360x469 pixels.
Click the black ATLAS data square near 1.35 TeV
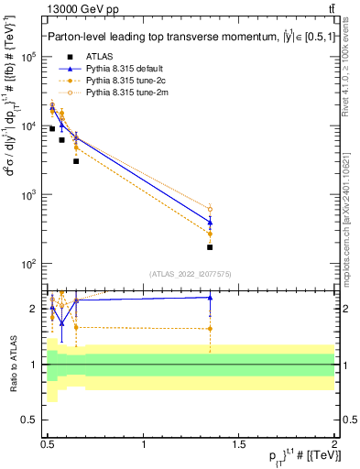pos(211,247)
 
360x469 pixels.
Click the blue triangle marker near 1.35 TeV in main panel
pos(211,222)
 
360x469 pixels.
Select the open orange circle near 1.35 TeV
pos(211,209)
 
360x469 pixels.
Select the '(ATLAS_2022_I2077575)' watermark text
pos(191,273)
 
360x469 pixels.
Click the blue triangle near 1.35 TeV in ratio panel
pos(211,297)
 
